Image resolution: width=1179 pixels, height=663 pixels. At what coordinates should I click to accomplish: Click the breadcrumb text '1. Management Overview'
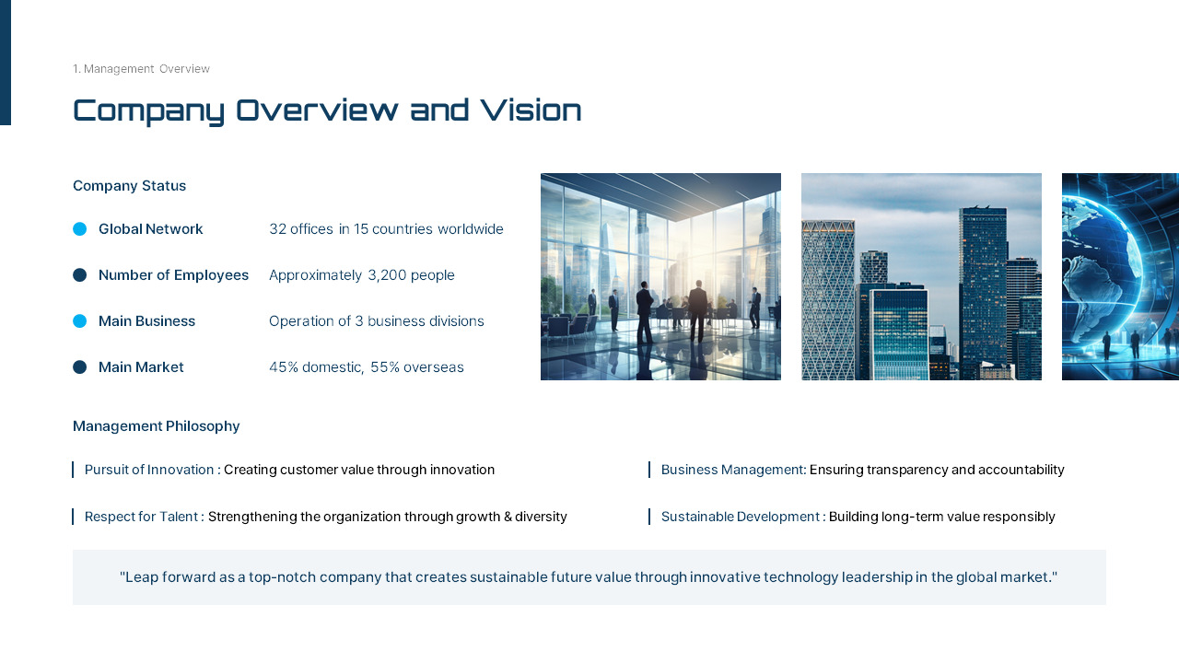pyautogui.click(x=141, y=69)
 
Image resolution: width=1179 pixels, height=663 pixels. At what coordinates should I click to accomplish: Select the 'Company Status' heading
pyautogui.click(x=129, y=186)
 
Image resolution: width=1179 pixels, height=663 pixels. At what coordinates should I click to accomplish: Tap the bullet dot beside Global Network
pyautogui.click(x=80, y=229)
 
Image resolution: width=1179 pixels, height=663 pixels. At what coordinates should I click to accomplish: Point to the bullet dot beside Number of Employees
pyautogui.click(x=80, y=275)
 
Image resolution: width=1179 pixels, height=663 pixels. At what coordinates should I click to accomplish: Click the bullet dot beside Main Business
pyautogui.click(x=80, y=321)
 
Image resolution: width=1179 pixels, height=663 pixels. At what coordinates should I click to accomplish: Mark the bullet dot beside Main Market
pyautogui.click(x=80, y=367)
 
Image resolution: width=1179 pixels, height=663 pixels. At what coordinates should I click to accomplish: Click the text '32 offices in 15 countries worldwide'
pyautogui.click(x=386, y=229)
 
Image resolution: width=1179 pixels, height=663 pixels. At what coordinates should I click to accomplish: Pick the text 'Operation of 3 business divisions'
pyautogui.click(x=376, y=321)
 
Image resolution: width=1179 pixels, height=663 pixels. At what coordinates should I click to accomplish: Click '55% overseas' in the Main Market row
pyautogui.click(x=417, y=367)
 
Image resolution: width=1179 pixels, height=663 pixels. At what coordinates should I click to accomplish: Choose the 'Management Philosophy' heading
pyautogui.click(x=156, y=426)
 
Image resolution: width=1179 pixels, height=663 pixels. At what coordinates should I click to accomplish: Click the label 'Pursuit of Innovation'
pyautogui.click(x=149, y=470)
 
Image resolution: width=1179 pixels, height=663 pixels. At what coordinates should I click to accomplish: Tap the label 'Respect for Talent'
pyautogui.click(x=141, y=517)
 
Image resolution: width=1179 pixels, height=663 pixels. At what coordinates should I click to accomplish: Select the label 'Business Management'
pyautogui.click(x=731, y=470)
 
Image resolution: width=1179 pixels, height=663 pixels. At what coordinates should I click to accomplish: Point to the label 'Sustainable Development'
pyautogui.click(x=740, y=517)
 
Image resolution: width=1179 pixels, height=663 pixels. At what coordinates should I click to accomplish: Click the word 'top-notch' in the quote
pyautogui.click(x=280, y=577)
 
